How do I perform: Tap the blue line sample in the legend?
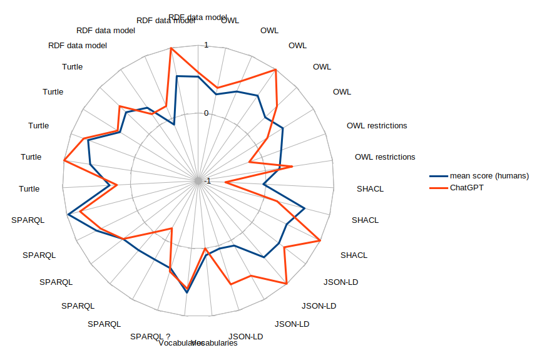tap(437, 176)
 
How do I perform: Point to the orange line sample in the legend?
tap(437, 188)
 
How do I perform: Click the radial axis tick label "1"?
tap(205, 45)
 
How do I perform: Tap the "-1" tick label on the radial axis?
tap(207, 182)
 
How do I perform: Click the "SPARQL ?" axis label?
tap(150, 336)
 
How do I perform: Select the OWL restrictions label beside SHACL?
tap(385, 157)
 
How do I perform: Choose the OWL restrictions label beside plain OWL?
tap(377, 126)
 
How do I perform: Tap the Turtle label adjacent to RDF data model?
tap(73, 67)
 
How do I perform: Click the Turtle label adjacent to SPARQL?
tap(29, 188)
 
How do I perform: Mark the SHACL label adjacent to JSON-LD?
tap(354, 255)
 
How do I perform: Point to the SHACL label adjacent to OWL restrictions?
tap(371, 188)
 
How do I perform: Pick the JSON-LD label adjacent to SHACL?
tap(341, 282)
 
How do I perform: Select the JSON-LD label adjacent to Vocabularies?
tap(246, 337)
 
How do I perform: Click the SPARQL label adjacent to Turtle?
tap(28, 220)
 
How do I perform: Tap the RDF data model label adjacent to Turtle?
tap(78, 46)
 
